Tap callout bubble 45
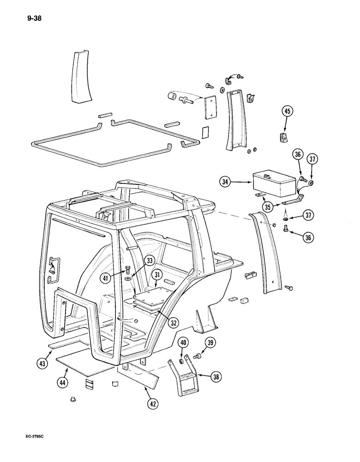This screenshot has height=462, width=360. tap(287, 111)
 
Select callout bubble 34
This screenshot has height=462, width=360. tap(226, 183)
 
